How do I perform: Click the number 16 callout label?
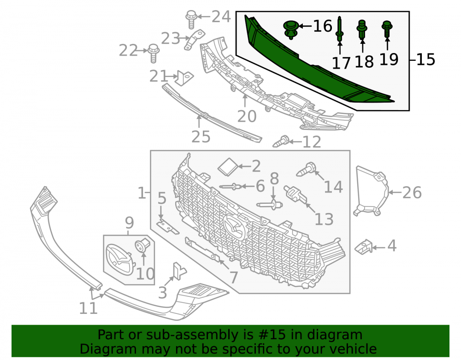[323, 26]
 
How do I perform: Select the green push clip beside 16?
[291, 30]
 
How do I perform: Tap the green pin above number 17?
[340, 29]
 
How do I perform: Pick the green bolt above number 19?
[387, 30]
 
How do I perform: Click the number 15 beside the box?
[426, 59]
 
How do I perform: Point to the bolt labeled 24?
[191, 19]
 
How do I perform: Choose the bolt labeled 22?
[153, 53]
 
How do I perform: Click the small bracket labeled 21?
[184, 78]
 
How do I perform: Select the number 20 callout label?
[247, 116]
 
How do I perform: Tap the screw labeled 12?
[281, 142]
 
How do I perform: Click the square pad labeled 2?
[229, 167]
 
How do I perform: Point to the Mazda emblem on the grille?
[234, 226]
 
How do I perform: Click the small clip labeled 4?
[364, 247]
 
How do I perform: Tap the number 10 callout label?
[145, 274]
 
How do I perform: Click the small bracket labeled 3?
[179, 271]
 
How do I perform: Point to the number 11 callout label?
[88, 308]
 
